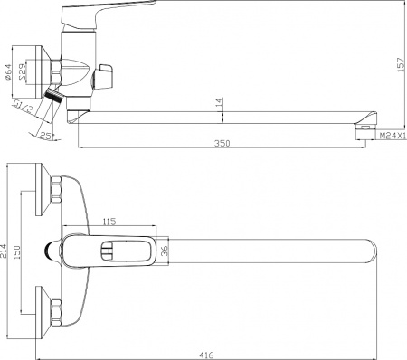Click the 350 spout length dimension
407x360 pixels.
tap(222, 144)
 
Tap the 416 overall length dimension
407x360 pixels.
tap(206, 355)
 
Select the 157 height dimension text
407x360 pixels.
tap(402, 64)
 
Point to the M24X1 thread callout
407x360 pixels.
tap(393, 136)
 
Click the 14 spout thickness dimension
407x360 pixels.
tap(220, 102)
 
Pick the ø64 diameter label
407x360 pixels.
tap(8, 72)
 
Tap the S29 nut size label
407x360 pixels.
tap(23, 71)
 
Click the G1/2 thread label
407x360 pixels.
tap(23, 106)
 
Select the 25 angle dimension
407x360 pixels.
tap(45, 136)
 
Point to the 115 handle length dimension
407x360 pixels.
tap(109, 222)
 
